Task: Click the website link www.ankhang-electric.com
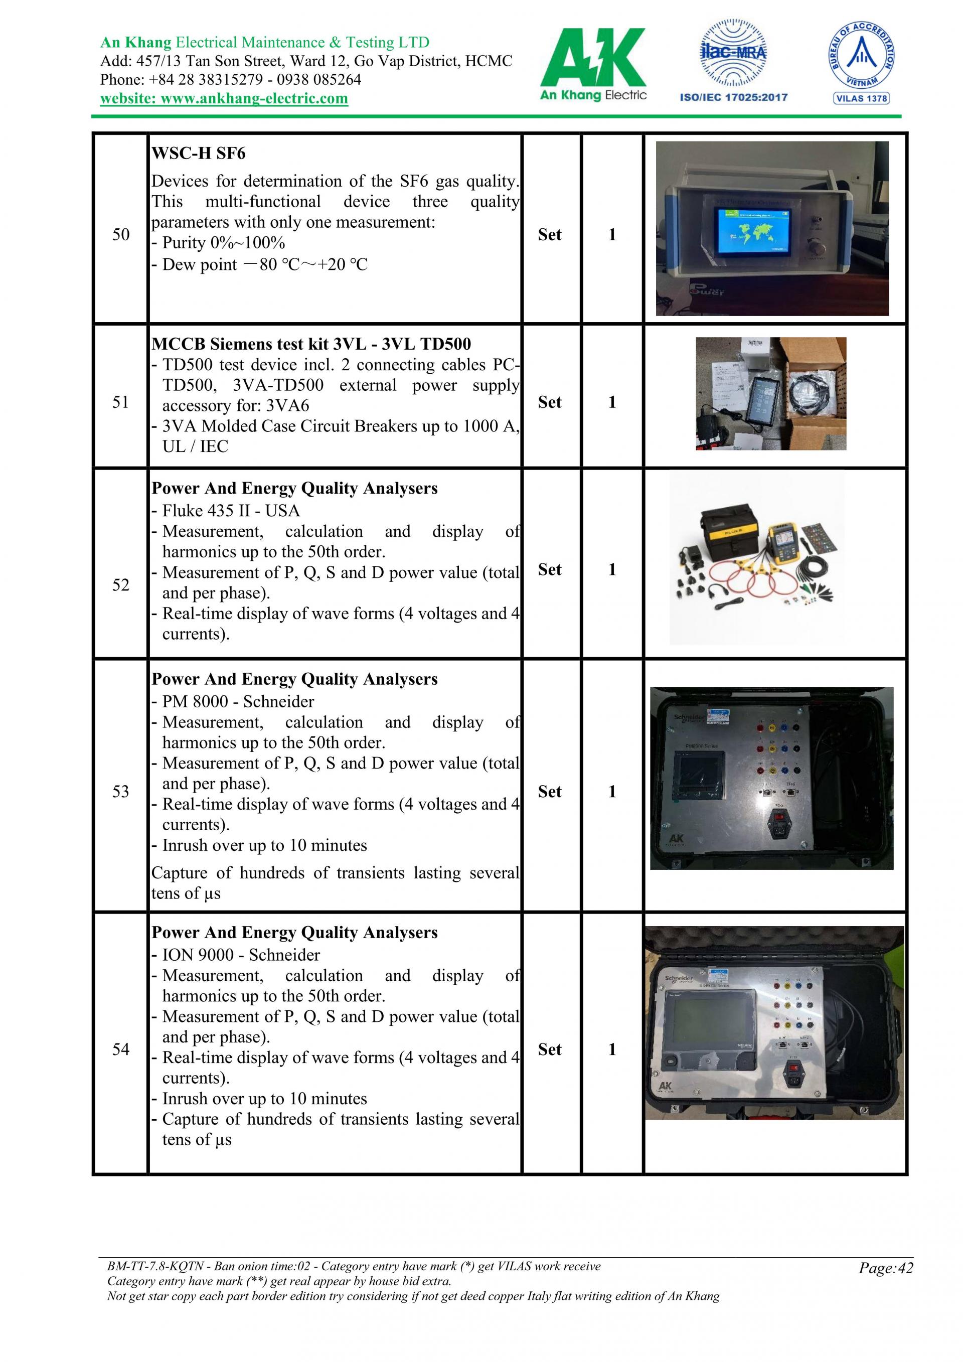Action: coord(224,98)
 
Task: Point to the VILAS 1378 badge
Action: coord(861,98)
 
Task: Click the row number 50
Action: coord(121,234)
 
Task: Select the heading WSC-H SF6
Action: coord(198,153)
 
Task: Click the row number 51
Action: coord(121,402)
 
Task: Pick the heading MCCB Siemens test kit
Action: coord(311,344)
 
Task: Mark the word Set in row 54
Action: coord(550,1049)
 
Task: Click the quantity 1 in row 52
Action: coord(612,569)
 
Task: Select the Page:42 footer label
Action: coord(886,1268)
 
